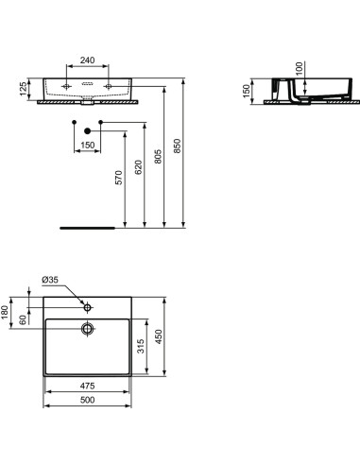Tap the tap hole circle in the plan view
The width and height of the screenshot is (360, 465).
[87, 308]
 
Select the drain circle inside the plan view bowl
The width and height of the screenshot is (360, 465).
[87, 329]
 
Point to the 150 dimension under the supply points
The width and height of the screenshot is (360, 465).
[87, 146]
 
